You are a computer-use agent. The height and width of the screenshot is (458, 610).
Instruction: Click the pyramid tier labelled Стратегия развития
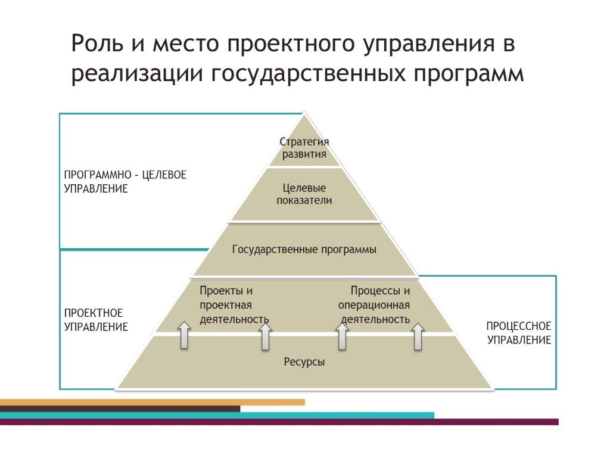304,147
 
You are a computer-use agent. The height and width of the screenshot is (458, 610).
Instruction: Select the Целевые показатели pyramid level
304,194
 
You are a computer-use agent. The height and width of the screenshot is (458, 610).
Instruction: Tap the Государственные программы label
304,249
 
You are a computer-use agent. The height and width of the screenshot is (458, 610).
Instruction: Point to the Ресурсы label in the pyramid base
304,361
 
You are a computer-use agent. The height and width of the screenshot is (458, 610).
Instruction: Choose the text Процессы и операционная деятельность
374,305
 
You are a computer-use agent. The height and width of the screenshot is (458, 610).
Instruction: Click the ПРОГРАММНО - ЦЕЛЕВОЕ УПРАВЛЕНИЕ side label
125,181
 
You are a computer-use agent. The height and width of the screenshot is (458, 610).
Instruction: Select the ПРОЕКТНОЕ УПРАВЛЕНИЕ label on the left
96,320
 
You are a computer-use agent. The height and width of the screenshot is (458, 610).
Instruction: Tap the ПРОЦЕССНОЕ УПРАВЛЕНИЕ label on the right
519,333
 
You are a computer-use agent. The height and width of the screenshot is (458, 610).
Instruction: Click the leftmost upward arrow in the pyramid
185,335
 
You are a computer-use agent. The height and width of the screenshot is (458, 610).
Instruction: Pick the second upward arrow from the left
265,336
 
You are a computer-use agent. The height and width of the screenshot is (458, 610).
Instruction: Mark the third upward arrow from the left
342,336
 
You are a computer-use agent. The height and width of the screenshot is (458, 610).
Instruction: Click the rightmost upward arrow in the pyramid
418,336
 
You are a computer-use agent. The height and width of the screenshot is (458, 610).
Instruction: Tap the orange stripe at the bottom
152,402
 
